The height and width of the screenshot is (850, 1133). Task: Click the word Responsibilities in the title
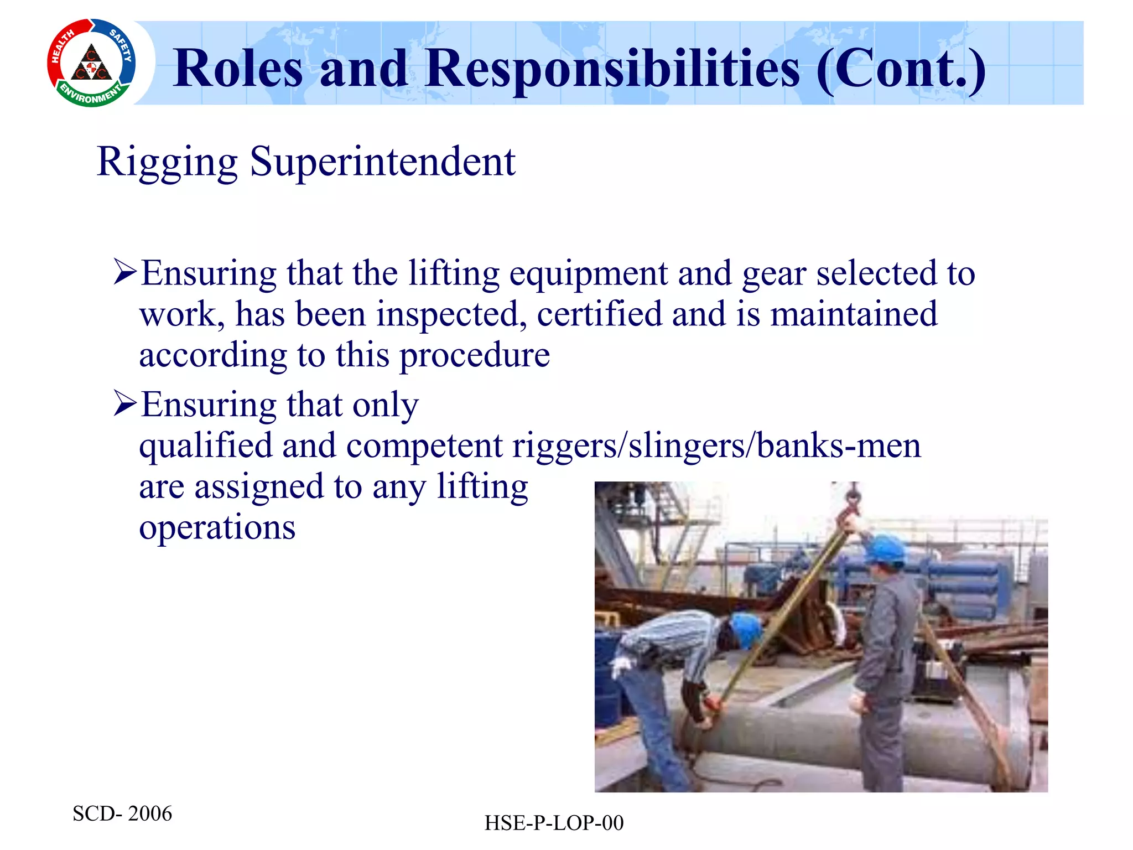[x=612, y=69]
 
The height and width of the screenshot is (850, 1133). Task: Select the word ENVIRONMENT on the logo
[x=90, y=95]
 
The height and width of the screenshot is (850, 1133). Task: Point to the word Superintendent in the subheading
[x=383, y=162]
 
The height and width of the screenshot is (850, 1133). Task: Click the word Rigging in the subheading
[x=167, y=163]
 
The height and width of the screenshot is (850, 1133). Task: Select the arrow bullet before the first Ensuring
[x=124, y=273]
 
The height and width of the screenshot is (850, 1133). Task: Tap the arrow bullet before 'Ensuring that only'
[x=124, y=403]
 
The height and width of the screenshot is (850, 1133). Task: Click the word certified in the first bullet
[x=599, y=314]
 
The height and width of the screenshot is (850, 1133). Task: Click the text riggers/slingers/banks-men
[x=716, y=445]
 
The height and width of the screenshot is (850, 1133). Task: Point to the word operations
[x=217, y=528]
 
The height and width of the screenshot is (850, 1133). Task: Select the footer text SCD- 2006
[x=122, y=813]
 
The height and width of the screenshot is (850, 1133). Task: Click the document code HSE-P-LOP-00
[x=554, y=823]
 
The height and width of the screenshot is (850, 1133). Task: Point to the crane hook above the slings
[x=852, y=501]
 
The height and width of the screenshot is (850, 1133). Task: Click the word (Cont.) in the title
[x=901, y=69]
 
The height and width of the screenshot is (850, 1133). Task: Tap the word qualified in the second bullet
[x=206, y=446]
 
